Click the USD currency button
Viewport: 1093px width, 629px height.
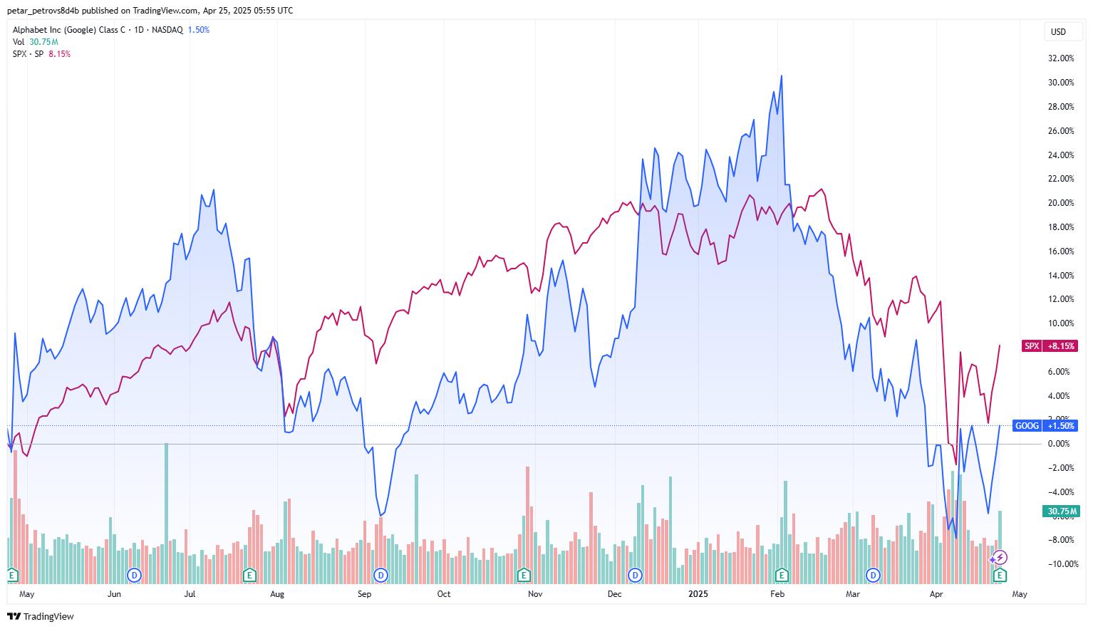pos(1058,31)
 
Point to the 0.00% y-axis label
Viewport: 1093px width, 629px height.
pos(1059,444)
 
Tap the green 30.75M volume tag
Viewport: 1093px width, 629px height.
pos(1062,511)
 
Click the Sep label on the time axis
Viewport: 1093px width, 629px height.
pos(365,593)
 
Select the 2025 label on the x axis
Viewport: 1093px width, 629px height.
pos(698,593)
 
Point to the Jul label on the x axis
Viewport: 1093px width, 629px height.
pos(190,593)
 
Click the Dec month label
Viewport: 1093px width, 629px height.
pos(614,593)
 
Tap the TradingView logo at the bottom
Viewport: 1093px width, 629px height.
pos(41,616)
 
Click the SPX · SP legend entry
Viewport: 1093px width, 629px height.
pos(29,54)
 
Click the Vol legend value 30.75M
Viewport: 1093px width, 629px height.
pos(43,42)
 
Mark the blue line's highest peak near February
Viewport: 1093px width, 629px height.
pos(782,76)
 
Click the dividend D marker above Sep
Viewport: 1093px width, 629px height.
pos(381,574)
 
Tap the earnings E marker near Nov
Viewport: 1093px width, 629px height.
pos(524,574)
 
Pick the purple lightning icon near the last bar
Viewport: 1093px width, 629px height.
pos(1000,558)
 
